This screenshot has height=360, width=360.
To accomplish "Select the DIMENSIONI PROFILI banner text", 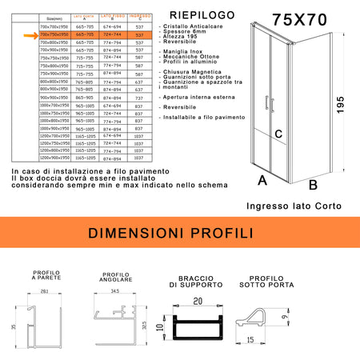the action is (x=179, y=234).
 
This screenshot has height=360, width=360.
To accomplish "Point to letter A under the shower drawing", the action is (x=262, y=180).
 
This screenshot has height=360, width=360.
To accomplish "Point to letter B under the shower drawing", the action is (x=314, y=185).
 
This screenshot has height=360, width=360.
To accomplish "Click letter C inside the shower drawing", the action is (x=279, y=135).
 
